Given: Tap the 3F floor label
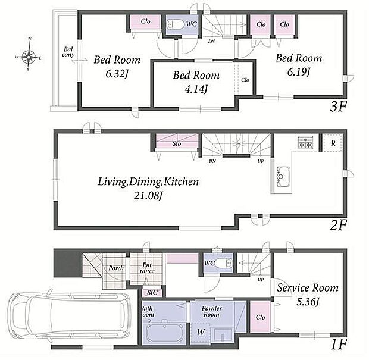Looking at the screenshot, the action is coord(338,107).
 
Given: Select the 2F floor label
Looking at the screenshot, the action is coord(338,226).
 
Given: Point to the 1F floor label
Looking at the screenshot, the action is coord(339,345).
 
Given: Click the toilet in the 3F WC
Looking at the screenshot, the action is coord(176,24).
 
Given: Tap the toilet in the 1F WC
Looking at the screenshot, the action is coord(225,263).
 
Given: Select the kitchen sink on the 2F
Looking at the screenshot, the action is coord(283,176).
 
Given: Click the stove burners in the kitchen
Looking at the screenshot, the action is coord(305,142).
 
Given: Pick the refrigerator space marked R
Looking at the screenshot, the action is coord(333,143).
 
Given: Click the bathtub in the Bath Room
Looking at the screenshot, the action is coord(164,333).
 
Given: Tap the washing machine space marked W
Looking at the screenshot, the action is coord(201,332).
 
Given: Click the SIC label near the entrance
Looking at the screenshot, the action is coord(152,293).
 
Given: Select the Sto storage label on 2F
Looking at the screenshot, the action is coord(177,143).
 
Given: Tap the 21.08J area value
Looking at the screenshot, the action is coord(148,195).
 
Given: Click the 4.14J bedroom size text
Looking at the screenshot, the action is coord(196,89).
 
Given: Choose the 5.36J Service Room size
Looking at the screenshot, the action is coord(308,302).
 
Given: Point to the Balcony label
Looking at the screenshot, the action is coord(68,52).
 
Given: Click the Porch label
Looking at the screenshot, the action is coord(116,268).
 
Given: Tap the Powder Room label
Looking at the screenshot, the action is coord(211,311).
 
